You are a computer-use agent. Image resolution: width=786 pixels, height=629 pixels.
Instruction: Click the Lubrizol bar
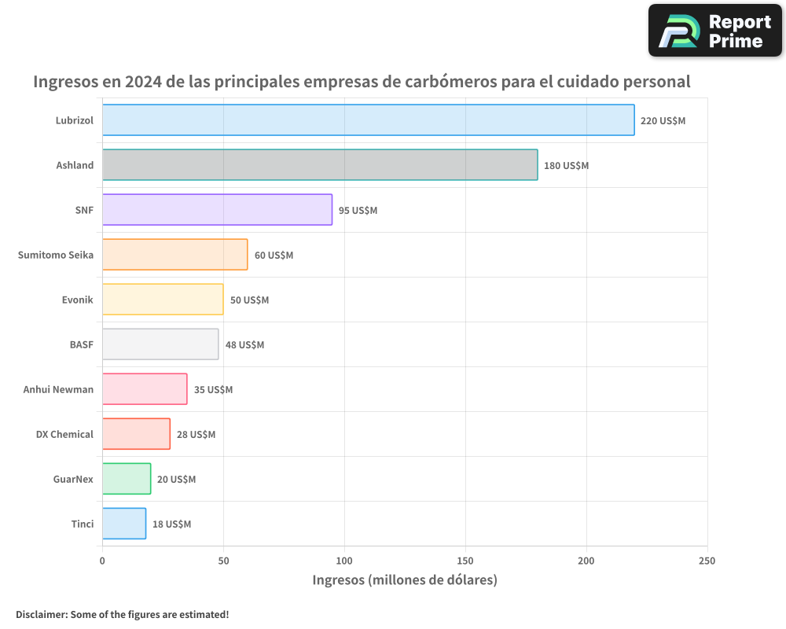368,120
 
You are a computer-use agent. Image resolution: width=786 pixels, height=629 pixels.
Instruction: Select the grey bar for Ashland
320,165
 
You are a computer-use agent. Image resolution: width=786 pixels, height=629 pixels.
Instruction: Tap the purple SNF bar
217,210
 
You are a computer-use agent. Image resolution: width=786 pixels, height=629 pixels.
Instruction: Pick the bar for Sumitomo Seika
174,255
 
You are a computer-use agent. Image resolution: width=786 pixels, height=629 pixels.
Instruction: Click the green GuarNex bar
127,479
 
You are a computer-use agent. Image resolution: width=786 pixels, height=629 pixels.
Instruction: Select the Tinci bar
124,524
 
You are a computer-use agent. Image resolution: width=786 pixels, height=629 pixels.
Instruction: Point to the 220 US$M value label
663,121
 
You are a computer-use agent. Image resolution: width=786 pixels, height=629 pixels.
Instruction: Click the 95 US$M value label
358,211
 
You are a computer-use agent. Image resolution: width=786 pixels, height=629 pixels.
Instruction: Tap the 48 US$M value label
244,345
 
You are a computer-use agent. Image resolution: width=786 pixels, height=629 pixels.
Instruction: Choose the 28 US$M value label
196,435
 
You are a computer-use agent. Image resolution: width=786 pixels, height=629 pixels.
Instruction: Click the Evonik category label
77,300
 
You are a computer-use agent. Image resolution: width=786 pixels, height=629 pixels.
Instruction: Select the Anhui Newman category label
58,389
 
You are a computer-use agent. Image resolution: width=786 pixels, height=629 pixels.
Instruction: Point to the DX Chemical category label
64,434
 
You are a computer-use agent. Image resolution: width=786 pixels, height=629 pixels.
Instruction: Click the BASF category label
81,344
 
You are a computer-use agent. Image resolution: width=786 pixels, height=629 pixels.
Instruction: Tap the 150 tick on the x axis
465,561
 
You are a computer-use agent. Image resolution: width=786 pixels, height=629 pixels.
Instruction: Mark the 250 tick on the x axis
707,561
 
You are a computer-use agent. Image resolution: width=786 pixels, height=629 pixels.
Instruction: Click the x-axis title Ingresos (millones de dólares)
405,580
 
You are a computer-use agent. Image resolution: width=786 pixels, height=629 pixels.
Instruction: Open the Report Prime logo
715,31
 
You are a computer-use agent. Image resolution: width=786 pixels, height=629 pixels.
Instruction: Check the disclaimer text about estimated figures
123,614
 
